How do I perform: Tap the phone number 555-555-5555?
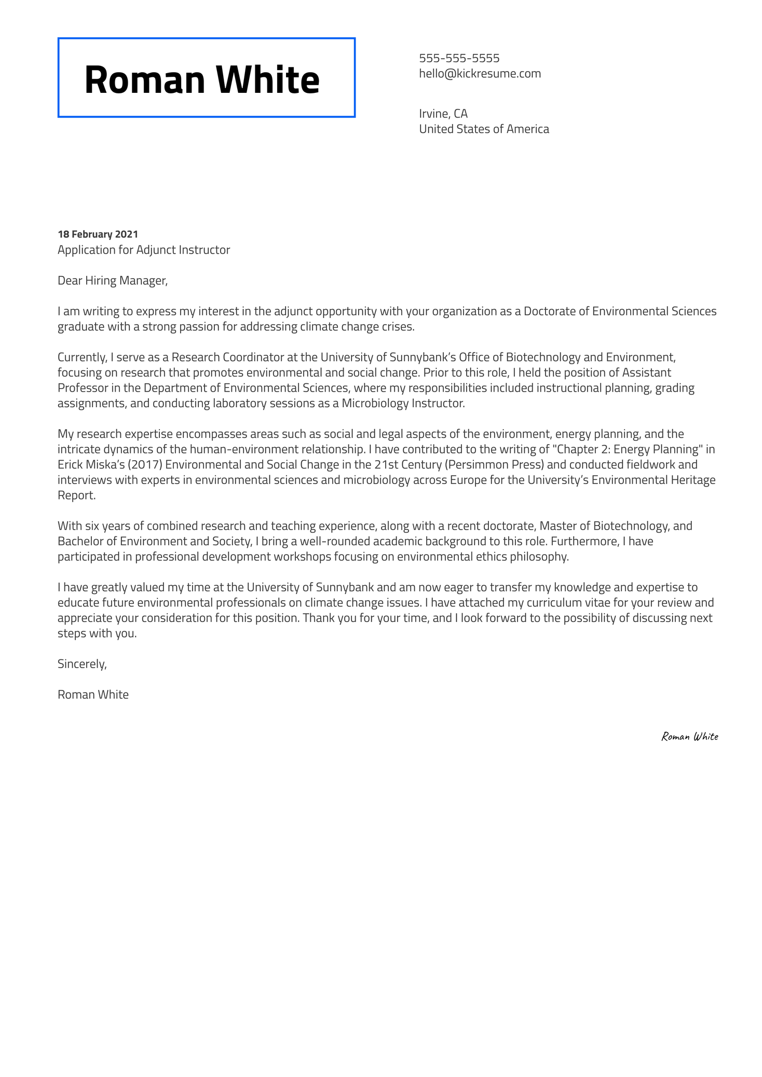(x=459, y=58)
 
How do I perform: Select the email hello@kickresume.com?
(x=480, y=74)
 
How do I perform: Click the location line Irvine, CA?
(x=443, y=114)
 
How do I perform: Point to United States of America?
(x=484, y=129)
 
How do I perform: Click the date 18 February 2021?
(x=98, y=234)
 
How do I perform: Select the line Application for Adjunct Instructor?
(x=144, y=250)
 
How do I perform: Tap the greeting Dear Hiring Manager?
(x=113, y=281)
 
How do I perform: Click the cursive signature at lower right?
(x=689, y=737)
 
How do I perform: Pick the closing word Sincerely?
(x=82, y=664)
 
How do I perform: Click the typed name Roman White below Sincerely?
(x=93, y=695)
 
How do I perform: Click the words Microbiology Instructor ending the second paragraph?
(x=403, y=403)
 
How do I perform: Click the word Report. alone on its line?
(x=77, y=495)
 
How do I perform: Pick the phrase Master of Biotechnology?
(x=603, y=526)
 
